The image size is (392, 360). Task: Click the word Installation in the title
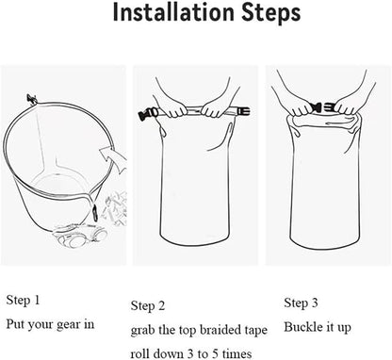pos(173,12)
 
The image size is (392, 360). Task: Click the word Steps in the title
pos(271,13)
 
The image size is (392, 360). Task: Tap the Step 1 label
pos(24,300)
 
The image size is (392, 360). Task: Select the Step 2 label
pos(148,305)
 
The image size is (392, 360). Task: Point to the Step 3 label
pos(301,303)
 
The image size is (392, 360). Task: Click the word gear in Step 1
pos(65,325)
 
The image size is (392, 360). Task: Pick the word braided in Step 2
pos(220,330)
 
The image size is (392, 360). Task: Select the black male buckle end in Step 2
pos(148,114)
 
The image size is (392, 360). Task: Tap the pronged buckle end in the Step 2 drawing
pos(243,111)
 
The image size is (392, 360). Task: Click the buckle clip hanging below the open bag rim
pos(94,213)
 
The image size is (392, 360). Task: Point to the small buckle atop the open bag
pos(31,99)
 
